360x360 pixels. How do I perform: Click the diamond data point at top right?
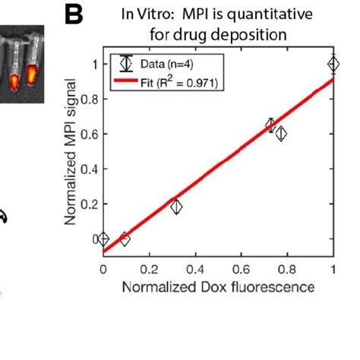point(333,65)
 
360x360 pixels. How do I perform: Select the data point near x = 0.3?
point(176,207)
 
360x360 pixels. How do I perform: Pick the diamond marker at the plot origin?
point(104,239)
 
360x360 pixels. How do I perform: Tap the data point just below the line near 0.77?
point(281,134)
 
